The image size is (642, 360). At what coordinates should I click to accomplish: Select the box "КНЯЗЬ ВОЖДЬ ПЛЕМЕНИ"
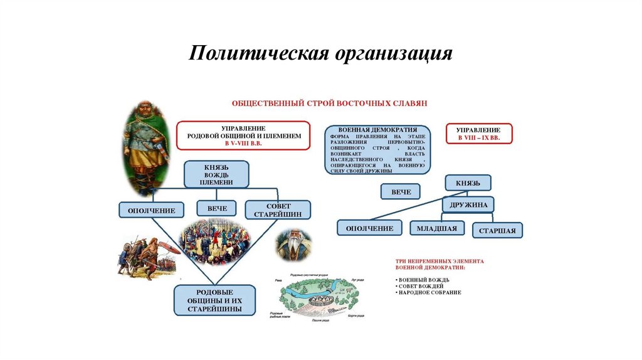pos(216,174)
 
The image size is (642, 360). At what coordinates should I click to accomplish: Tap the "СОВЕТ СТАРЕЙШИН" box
pos(278,209)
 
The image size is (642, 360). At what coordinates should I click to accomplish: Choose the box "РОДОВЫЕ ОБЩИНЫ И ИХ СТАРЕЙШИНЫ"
pos(215,300)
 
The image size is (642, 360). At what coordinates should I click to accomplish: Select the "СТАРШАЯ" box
pos(497,230)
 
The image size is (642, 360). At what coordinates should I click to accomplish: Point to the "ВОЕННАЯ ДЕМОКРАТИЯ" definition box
pos(377,149)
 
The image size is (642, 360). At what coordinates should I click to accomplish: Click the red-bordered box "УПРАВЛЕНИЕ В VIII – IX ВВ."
pos(479,133)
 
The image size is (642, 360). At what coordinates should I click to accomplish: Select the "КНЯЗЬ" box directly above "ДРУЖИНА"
pos(468,183)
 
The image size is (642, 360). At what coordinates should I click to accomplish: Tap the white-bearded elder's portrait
pos(293,245)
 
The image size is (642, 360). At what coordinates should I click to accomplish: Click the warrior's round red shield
pos(169,248)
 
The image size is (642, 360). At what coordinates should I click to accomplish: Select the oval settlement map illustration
pos(318,297)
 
